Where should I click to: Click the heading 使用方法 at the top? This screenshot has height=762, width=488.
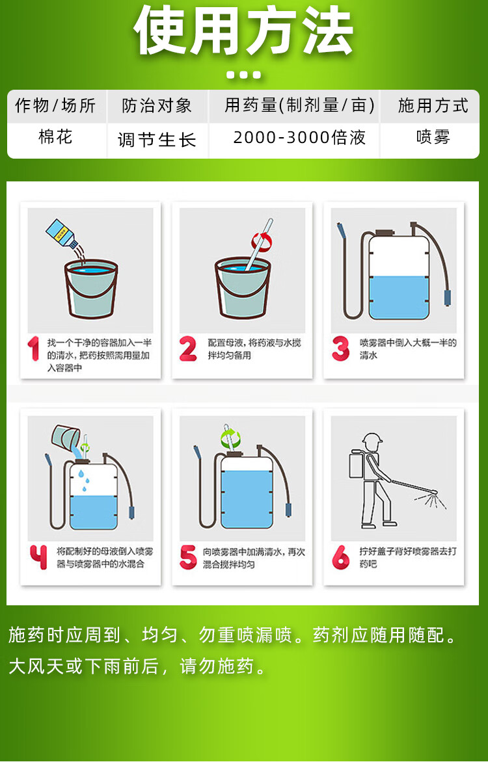[243, 32]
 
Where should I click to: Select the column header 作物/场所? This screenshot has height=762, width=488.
[55, 105]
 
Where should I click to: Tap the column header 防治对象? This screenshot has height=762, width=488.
[157, 105]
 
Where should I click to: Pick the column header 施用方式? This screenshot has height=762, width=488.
[433, 105]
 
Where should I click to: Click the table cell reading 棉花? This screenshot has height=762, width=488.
[55, 137]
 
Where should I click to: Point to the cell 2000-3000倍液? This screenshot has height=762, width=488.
[299, 138]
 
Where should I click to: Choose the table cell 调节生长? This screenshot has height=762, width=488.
[157, 140]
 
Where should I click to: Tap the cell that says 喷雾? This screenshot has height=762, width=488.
[433, 137]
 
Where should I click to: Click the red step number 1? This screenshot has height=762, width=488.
[34, 349]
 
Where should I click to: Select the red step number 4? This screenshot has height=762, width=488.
[38, 557]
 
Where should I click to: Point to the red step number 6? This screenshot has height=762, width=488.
[340, 557]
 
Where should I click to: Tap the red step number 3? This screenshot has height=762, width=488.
[340, 349]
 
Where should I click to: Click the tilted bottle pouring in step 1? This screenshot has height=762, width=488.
[61, 234]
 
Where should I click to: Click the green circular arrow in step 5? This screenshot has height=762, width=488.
[230, 438]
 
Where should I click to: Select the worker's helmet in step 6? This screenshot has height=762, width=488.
[372, 440]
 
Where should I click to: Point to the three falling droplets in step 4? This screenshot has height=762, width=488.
[85, 480]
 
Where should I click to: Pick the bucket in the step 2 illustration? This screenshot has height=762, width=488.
[243, 287]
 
